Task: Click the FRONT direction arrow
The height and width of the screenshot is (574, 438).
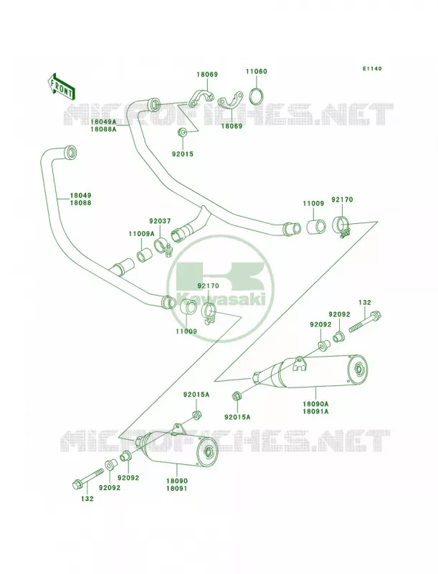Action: [x=61, y=86]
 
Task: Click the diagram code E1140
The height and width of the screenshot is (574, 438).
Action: [x=372, y=68]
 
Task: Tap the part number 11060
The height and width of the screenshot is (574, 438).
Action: [x=257, y=71]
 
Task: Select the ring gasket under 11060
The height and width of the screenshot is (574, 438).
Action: [x=257, y=96]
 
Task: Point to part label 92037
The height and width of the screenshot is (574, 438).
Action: [x=160, y=221]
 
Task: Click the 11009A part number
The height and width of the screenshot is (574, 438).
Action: [x=141, y=233]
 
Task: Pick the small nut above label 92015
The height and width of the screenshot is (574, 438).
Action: [x=181, y=133]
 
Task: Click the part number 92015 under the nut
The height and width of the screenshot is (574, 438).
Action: [x=183, y=154]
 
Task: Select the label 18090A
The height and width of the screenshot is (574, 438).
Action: [x=315, y=404]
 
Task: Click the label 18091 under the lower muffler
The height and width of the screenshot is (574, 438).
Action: [x=176, y=488]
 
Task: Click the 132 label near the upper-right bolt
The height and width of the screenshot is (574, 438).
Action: [x=364, y=302]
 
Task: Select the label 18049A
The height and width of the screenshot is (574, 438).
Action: [x=103, y=121]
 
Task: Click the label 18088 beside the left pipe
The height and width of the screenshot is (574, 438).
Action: [x=81, y=202]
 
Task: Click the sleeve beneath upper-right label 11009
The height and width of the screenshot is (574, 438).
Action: [x=315, y=227]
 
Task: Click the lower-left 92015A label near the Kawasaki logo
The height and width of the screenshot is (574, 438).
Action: [x=196, y=394]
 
